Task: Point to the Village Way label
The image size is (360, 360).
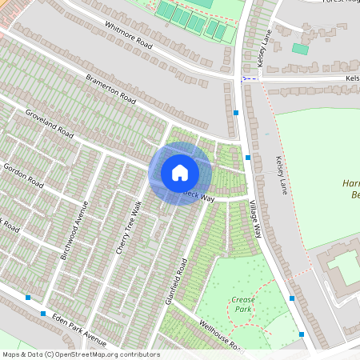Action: point(256,217)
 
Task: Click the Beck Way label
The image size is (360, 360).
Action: point(200,195)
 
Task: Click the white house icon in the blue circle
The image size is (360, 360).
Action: point(179,173)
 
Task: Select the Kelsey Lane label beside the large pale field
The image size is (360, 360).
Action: point(280,176)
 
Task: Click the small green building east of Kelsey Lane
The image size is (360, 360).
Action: point(300,49)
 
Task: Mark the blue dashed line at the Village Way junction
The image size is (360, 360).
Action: point(250,78)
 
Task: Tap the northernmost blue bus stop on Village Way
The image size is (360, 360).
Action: point(236,114)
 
